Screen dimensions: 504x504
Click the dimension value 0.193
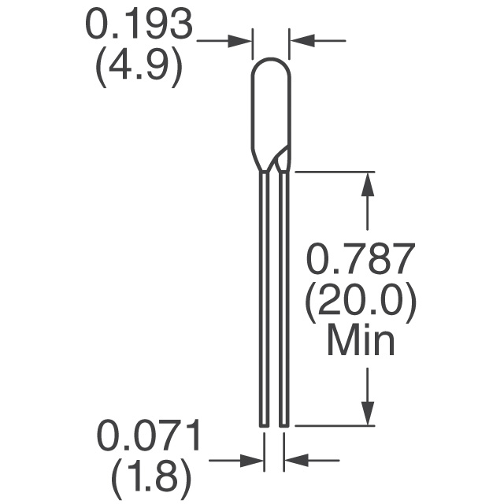tap(139, 24)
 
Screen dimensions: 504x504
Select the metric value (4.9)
tap(139, 67)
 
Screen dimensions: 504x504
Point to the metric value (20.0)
tap(361, 304)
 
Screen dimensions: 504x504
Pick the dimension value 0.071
tap(149, 434)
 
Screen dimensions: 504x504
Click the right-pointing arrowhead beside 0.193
tap(239, 41)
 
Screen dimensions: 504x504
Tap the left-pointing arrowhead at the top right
tap(302, 41)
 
